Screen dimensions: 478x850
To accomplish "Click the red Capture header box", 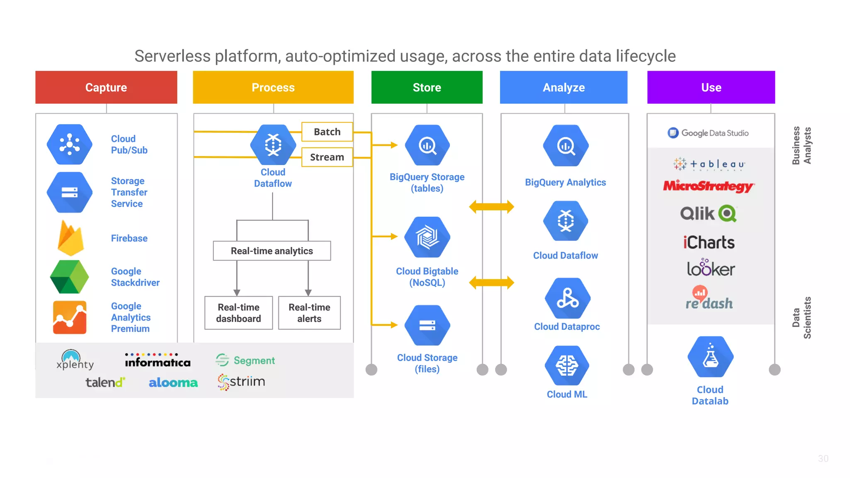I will point(106,87).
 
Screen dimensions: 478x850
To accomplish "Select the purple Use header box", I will point(711,87).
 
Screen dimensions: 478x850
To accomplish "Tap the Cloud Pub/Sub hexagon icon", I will point(70,144).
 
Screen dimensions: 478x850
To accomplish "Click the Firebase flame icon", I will point(71,238).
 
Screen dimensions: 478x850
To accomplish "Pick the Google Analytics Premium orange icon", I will point(70,317).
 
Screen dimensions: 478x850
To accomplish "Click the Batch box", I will point(327,132).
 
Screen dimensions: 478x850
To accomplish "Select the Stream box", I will point(327,157).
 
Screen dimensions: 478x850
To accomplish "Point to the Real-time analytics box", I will point(272,251).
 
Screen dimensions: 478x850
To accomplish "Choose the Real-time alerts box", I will point(309,313).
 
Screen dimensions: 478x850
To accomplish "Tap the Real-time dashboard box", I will point(239,313).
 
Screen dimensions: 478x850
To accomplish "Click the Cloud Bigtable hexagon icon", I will point(427,237).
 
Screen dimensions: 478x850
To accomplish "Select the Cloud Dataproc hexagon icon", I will point(567,299).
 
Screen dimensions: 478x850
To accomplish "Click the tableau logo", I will point(709,164).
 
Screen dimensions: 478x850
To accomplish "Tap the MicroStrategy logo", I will point(708,186).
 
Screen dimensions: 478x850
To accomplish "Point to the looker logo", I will point(711,268).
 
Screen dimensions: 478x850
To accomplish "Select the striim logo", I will point(242,382).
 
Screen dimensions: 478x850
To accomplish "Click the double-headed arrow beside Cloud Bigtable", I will point(491,283).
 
